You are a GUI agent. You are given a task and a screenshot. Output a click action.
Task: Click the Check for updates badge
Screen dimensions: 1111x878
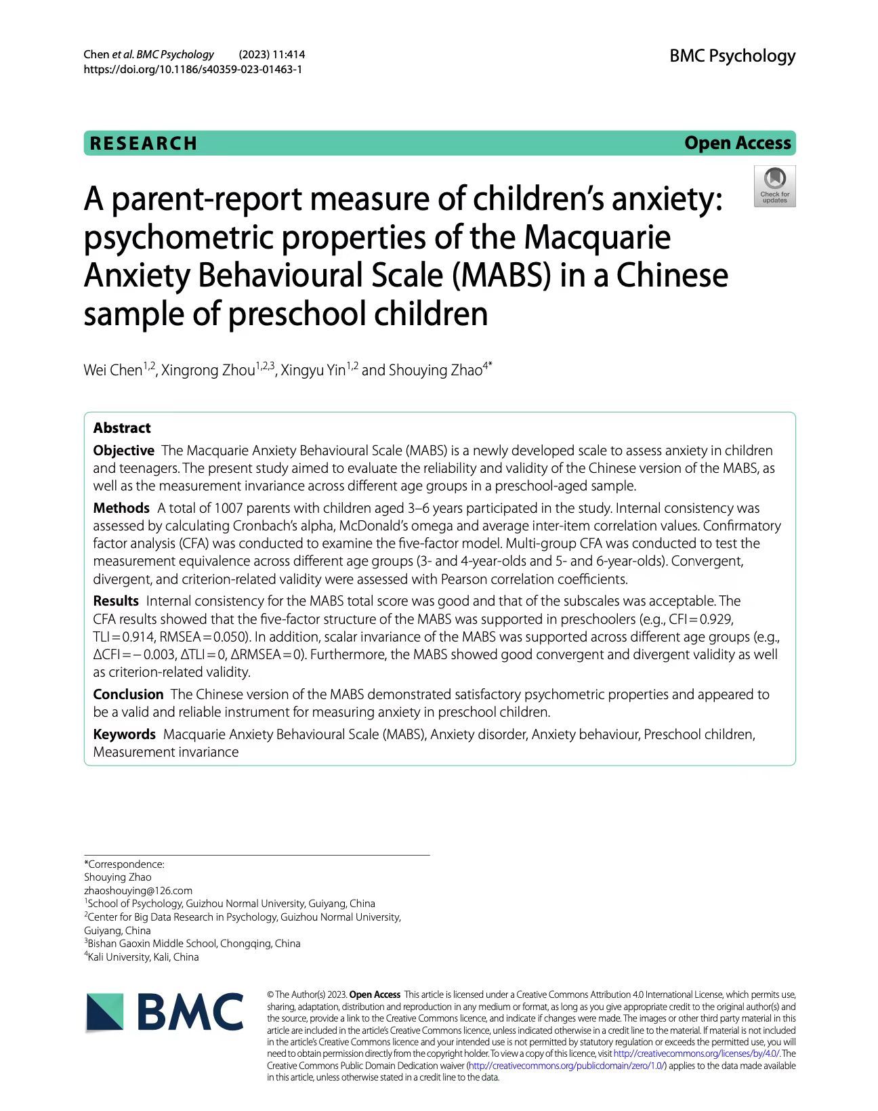pyautogui.click(x=774, y=186)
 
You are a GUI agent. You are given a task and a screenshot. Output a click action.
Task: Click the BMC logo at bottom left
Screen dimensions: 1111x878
pyautogui.click(x=165, y=1012)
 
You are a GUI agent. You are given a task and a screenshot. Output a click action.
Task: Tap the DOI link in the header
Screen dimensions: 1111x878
pyautogui.click(x=192, y=69)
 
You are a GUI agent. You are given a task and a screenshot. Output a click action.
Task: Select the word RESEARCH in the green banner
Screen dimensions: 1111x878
pyautogui.click(x=144, y=144)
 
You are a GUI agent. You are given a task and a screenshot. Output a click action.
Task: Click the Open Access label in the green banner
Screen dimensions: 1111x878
pyautogui.click(x=737, y=143)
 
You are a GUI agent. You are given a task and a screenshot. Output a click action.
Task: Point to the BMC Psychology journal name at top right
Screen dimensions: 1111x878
pyautogui.click(x=732, y=56)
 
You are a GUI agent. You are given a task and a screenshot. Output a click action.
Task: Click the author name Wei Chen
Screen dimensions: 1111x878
pyautogui.click(x=113, y=370)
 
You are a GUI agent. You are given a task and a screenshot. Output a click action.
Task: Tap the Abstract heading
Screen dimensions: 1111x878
pyautogui.click(x=122, y=428)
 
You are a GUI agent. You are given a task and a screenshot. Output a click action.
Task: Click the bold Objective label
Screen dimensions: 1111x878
pyautogui.click(x=124, y=450)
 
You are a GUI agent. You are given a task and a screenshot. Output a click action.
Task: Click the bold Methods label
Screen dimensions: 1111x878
pyautogui.click(x=121, y=508)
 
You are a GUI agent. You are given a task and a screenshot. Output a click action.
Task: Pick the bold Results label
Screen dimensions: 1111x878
pyautogui.click(x=116, y=601)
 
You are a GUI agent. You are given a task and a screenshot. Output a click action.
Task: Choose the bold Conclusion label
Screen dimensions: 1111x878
pyautogui.click(x=128, y=694)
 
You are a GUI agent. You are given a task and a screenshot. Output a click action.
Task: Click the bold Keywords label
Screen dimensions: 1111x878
pyautogui.click(x=125, y=734)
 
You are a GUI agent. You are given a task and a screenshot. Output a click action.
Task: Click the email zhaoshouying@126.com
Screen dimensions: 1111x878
pyautogui.click(x=138, y=891)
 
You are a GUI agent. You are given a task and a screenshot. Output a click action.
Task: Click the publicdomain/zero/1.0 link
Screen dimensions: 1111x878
pyautogui.click(x=566, y=1066)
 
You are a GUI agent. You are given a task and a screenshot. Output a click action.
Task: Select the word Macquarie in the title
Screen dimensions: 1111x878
pyautogui.click(x=598, y=237)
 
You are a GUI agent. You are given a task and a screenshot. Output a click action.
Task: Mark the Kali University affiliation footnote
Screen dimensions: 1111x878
pyautogui.click(x=143, y=957)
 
